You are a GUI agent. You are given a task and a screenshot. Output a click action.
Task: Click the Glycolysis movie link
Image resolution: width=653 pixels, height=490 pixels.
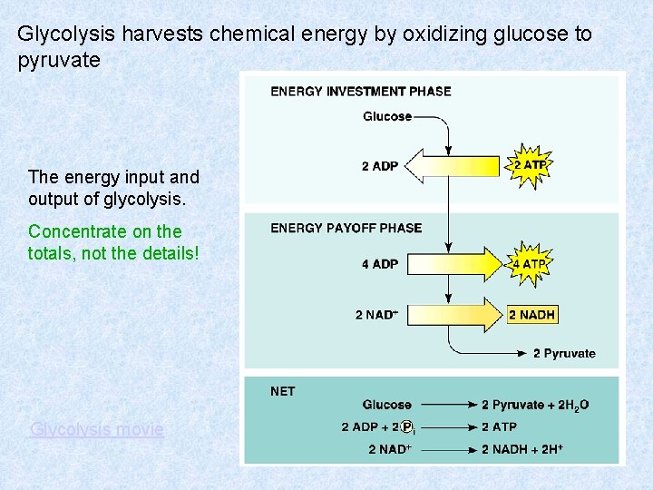tap(97, 429)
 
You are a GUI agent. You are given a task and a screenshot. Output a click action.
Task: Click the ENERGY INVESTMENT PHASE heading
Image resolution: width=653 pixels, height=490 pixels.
tap(360, 91)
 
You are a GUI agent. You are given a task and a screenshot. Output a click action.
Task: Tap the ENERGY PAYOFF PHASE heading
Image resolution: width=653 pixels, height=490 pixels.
tap(346, 228)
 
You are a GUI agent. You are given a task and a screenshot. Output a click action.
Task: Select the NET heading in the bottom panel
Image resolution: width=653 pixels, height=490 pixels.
tap(282, 391)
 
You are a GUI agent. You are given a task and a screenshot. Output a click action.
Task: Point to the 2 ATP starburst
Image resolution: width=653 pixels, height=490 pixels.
tap(530, 165)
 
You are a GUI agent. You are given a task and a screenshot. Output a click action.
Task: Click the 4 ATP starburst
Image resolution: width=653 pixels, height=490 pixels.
tap(530, 264)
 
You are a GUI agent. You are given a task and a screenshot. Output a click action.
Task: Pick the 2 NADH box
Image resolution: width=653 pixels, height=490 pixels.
tap(531, 315)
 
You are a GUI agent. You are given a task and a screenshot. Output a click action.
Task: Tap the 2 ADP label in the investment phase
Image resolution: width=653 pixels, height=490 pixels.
tap(379, 166)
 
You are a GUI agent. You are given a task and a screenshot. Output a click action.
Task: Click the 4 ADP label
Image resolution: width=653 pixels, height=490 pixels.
tap(379, 264)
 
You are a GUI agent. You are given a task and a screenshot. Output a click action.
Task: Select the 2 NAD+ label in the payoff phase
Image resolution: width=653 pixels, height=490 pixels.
tap(376, 315)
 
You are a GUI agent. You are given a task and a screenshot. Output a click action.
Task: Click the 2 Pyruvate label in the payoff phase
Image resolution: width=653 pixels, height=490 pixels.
tap(564, 353)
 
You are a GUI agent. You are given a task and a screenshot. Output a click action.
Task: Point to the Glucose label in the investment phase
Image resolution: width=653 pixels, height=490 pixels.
tap(387, 116)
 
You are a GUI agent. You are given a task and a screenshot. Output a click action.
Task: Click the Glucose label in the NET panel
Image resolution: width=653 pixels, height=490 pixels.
tap(386, 405)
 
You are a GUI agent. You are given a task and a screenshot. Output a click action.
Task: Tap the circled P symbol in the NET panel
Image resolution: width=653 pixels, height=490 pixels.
tap(407, 426)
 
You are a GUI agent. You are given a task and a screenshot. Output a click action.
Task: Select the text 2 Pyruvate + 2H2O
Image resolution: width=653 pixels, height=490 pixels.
tap(534, 405)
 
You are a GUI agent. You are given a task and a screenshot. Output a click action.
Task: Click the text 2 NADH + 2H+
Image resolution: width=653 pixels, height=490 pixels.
tap(522, 449)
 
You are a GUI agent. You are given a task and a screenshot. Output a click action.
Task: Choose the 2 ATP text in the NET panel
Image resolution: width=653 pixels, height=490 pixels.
tap(499, 426)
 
